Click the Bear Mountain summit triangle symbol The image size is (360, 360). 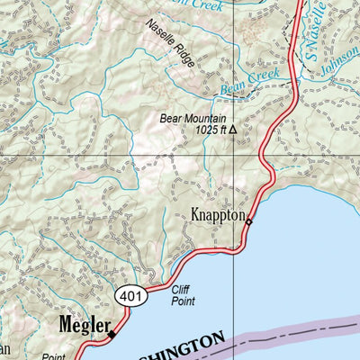point(232,130)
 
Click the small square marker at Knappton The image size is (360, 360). point(249,222)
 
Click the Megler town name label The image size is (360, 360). point(85,323)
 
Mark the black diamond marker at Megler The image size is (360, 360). point(112,334)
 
